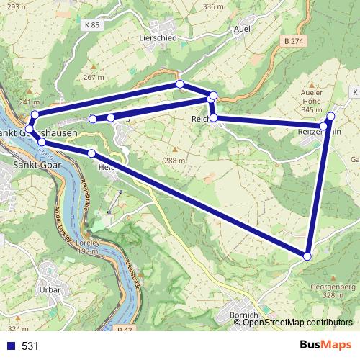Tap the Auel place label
coord(242,29)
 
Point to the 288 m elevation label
coord(175,161)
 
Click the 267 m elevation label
coord(94,77)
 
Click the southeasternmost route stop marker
coord(307,256)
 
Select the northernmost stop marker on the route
coord(180,84)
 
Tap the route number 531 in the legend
coord(30,346)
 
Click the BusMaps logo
coord(322,346)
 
